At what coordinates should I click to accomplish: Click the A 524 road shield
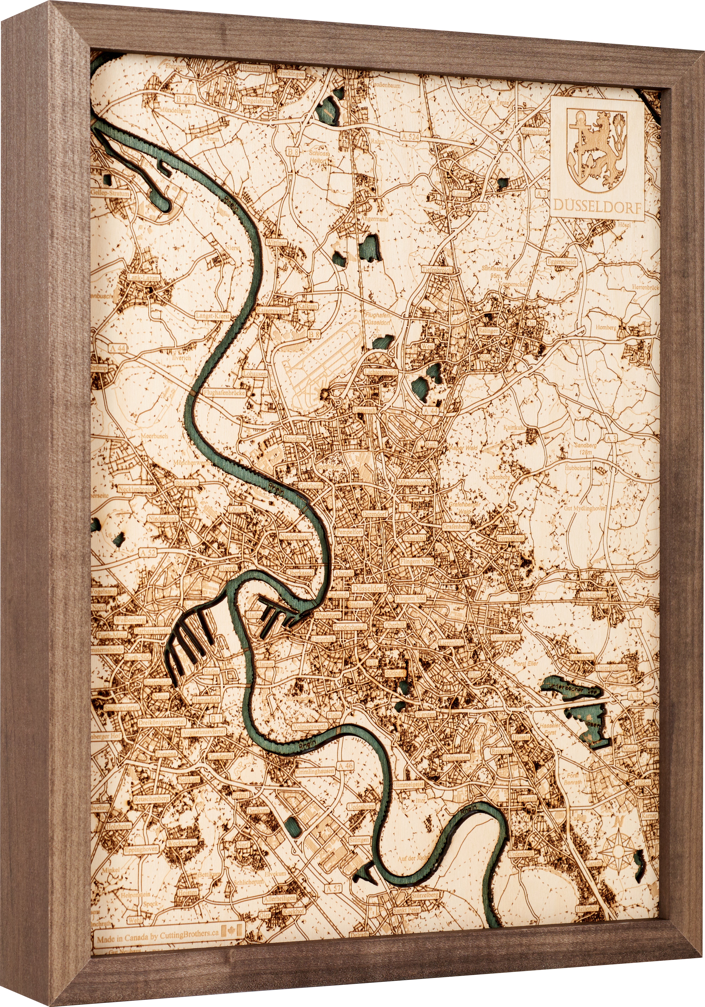[410, 137]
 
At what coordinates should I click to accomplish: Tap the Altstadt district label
[344, 573]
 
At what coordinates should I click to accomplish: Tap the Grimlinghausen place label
[315, 772]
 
